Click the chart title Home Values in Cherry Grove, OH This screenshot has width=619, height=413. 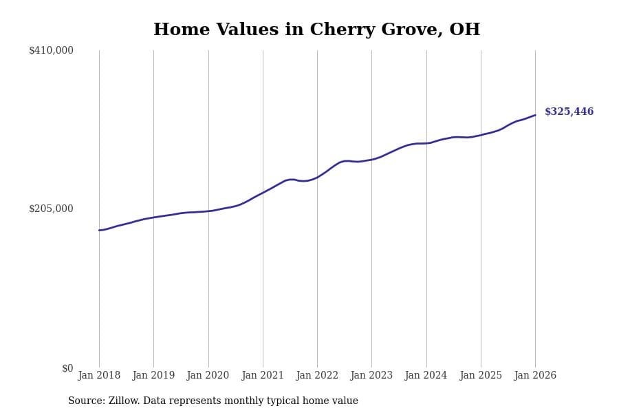pos(316,30)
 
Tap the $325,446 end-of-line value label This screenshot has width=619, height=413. pos(569,112)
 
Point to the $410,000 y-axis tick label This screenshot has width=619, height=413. pos(51,50)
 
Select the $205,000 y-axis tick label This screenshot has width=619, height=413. pos(51,209)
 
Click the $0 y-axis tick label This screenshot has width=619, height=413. pos(67,368)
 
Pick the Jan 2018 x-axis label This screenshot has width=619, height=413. pos(99,376)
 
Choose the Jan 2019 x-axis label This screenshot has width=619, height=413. pos(153,376)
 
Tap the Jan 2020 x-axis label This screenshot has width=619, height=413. pos(208,376)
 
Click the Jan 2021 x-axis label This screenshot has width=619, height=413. pos(263,376)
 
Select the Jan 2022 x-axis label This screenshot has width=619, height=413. pos(317,376)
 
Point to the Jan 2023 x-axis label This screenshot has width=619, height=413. pos(371,376)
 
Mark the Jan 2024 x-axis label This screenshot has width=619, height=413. pos(426,376)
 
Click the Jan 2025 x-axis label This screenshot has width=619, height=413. pos(481,376)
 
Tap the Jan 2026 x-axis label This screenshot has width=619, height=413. pos(535,376)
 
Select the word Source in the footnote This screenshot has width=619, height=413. pos(85,401)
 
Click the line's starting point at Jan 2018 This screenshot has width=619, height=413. pos(99,231)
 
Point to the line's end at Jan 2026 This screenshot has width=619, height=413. pos(535,115)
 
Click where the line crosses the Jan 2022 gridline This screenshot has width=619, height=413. pos(317,177)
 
